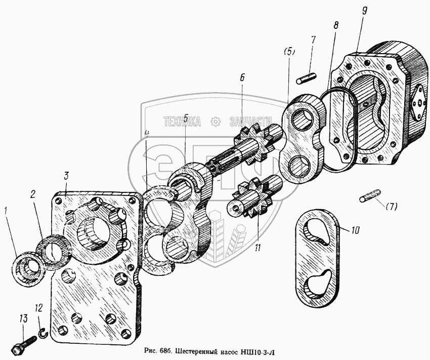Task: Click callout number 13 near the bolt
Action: pyautogui.click(x=24, y=319)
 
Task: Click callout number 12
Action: pyautogui.click(x=39, y=308)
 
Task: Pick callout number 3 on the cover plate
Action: pyautogui.click(x=66, y=176)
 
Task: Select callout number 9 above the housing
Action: pyautogui.click(x=364, y=11)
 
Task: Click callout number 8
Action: pyautogui.click(x=336, y=25)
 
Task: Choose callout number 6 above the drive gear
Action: pyautogui.click(x=242, y=77)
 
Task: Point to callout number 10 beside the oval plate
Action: pyautogui.click(x=355, y=230)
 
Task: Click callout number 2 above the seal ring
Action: pyautogui.click(x=33, y=194)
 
